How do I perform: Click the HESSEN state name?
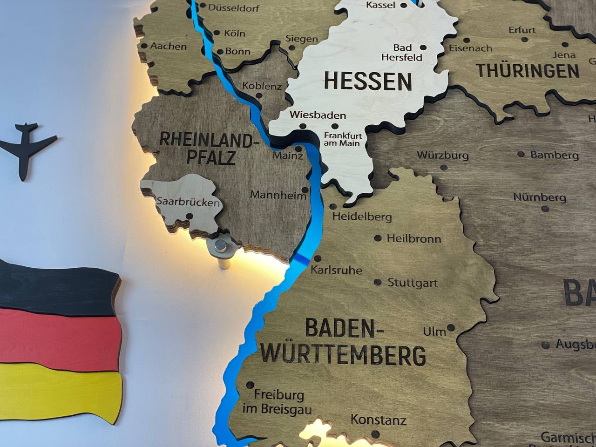point(368,81)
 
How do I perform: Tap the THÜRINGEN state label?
point(528,71)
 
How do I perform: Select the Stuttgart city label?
point(413,283)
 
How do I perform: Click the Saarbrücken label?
point(188,203)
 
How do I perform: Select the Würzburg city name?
point(442,155)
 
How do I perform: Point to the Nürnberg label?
point(540,197)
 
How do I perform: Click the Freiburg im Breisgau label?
point(277,402)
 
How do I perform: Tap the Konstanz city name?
point(378,420)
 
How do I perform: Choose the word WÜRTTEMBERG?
point(343,355)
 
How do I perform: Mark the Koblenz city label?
point(262,86)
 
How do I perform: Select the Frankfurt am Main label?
point(342,139)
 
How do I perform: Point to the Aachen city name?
point(168,46)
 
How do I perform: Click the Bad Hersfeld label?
point(402,53)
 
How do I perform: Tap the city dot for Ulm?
point(451,327)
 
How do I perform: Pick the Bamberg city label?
point(554,155)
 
